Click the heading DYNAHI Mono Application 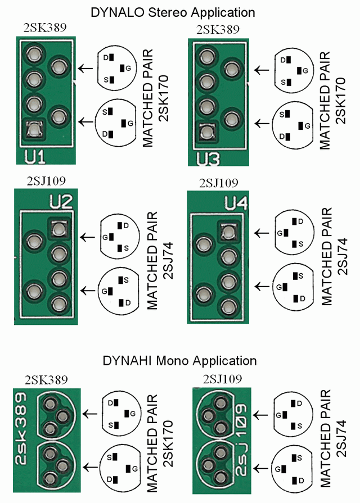pos(179,361)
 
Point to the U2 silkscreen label pos(62,201)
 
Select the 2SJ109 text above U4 pos(218,183)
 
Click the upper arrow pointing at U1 pos(84,69)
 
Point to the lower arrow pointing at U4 pos(262,286)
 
